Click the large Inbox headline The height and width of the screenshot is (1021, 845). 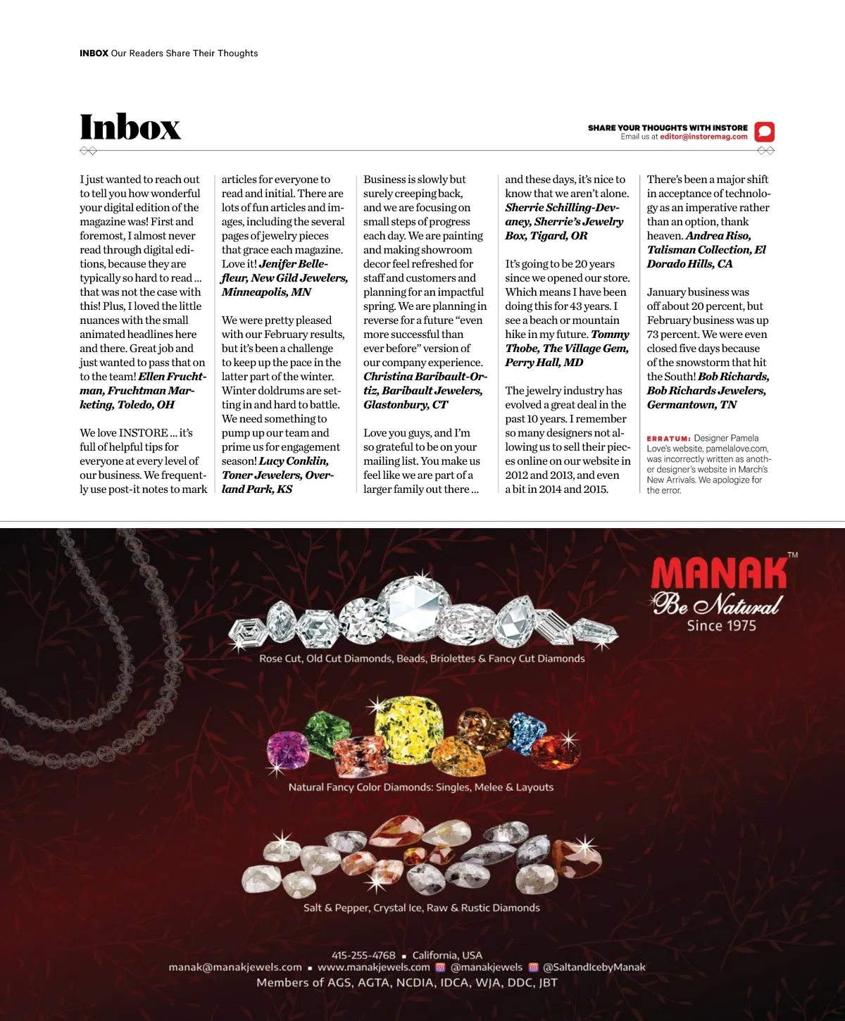click(130, 127)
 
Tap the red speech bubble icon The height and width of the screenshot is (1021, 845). click(764, 132)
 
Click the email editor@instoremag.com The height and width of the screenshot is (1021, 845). click(703, 137)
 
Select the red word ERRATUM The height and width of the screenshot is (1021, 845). click(668, 439)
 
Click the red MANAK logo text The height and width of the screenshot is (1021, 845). click(718, 574)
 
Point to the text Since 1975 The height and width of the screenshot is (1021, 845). click(721, 625)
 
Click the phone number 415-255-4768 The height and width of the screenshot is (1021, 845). click(363, 956)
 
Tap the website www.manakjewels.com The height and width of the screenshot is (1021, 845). click(373, 967)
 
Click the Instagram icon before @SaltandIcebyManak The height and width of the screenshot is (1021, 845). click(533, 967)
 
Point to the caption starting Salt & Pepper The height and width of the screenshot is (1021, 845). click(421, 908)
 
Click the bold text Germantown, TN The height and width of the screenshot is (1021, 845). click(691, 405)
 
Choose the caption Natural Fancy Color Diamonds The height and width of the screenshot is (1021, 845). click(420, 787)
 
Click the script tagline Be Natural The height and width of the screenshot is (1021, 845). click(717, 604)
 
